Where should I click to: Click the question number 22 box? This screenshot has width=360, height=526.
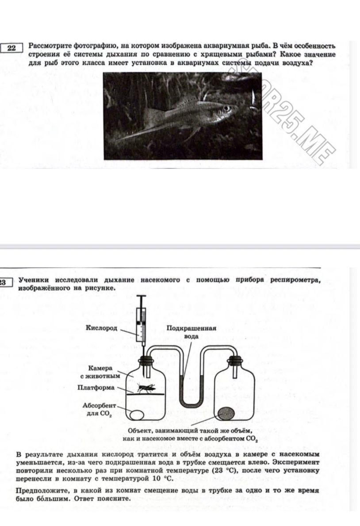[x=11, y=48]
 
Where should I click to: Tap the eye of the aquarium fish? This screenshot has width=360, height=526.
[x=227, y=108]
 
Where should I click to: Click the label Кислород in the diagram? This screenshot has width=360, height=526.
[x=101, y=328]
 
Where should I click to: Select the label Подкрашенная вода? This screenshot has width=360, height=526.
[x=191, y=332]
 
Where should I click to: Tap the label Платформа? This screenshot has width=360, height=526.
[x=96, y=388]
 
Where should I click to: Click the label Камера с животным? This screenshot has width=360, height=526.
[x=100, y=372]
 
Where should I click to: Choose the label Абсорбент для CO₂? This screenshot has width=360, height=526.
[x=100, y=410]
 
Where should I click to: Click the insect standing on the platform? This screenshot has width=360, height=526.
[x=146, y=388]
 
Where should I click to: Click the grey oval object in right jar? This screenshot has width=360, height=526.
[x=226, y=413]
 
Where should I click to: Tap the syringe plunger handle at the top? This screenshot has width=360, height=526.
[x=142, y=296]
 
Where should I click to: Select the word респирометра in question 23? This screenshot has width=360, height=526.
[x=295, y=280]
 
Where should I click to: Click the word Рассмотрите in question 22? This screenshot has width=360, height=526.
[x=50, y=46]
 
